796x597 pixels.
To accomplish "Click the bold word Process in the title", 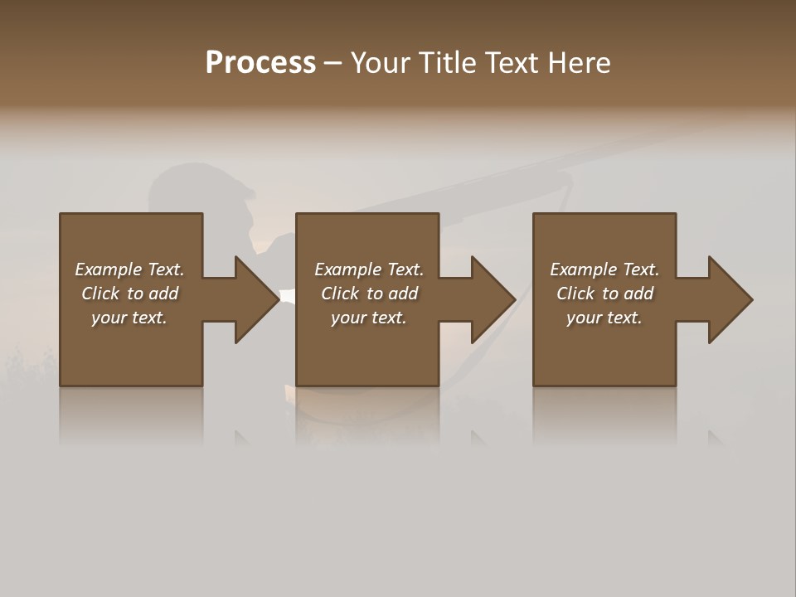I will click(260, 63).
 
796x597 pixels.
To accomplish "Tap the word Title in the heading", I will click(445, 63).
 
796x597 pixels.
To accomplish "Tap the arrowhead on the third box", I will click(729, 299).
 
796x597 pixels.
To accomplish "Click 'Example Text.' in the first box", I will click(129, 269).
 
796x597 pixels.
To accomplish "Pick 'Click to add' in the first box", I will click(129, 294).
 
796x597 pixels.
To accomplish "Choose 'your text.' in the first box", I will click(129, 318).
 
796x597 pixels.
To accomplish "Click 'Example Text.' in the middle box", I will click(369, 269).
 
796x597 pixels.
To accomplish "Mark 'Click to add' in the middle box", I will click(369, 294).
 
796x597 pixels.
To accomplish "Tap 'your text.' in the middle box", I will click(369, 318).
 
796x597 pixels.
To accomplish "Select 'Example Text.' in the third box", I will click(604, 269).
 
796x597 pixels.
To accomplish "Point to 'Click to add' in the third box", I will click(604, 294).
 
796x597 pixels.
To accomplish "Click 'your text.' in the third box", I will click(604, 318).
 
